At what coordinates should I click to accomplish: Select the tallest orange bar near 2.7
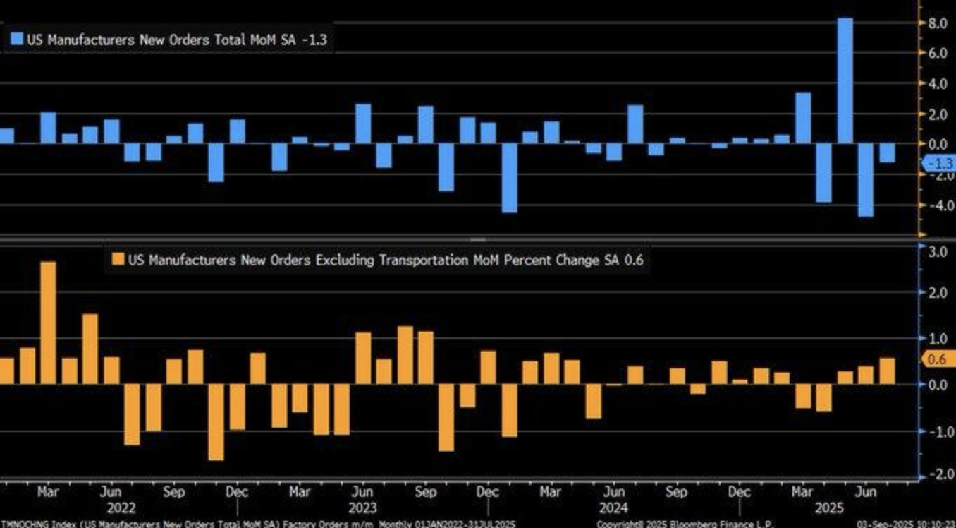48,323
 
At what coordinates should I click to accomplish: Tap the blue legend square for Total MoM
17,40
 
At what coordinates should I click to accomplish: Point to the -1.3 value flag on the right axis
938,164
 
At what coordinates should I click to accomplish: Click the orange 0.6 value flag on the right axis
937,359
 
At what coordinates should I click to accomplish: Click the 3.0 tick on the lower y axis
938,252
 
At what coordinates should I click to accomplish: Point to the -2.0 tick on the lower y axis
938,474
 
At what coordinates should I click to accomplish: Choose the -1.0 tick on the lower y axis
938,430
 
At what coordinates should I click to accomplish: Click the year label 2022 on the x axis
121,507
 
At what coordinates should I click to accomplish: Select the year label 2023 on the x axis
362,507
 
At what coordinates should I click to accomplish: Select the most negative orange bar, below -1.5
216,422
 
